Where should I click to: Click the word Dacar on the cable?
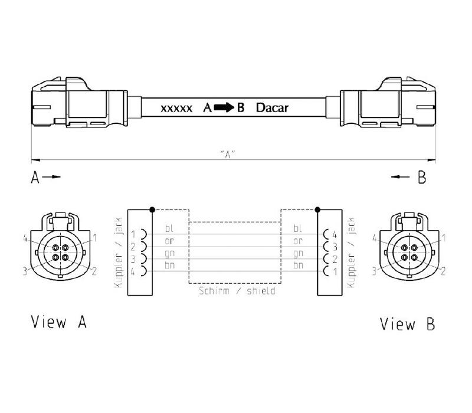(272, 107)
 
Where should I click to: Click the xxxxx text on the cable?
(176, 109)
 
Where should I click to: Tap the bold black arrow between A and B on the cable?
(224, 107)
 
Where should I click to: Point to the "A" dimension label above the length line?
(228, 154)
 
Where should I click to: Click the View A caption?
(59, 322)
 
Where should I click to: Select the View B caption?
(407, 324)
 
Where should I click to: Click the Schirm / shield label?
(237, 291)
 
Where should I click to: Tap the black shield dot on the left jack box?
(152, 209)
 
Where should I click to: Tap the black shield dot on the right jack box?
(317, 209)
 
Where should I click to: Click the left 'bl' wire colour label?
(169, 228)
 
